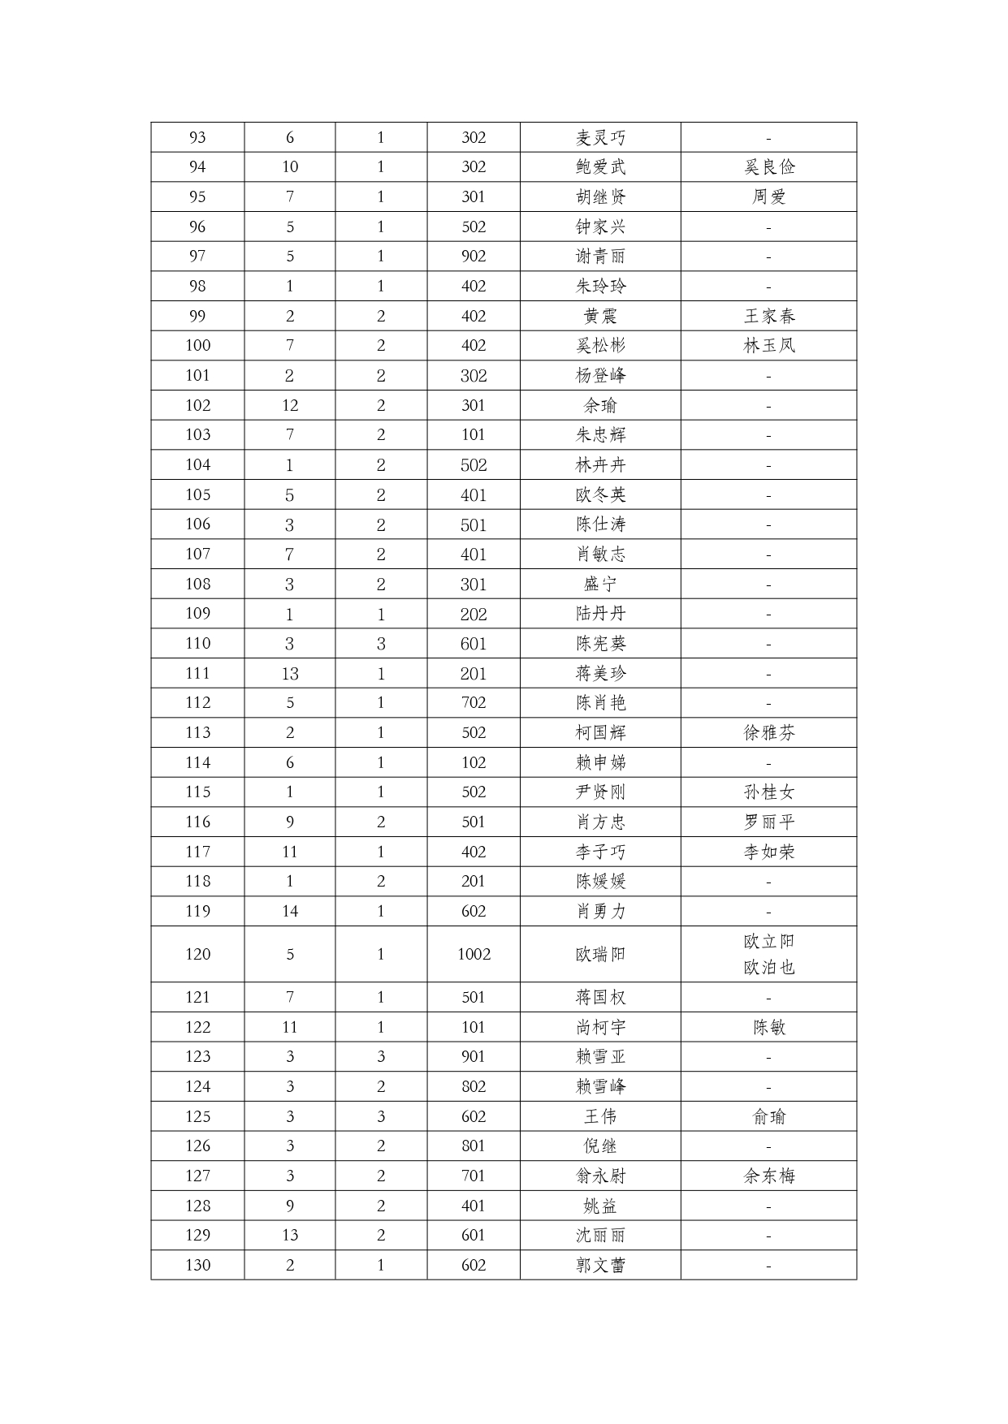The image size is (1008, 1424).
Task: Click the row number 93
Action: pyautogui.click(x=197, y=137)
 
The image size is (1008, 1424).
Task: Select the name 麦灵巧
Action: pyautogui.click(x=600, y=137)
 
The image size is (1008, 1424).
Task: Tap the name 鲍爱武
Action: pyautogui.click(x=600, y=167)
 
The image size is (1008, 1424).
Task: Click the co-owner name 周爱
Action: pyautogui.click(x=768, y=196)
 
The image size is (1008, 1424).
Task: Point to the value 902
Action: pyautogui.click(x=474, y=257)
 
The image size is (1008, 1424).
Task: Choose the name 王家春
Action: pyautogui.click(x=768, y=316)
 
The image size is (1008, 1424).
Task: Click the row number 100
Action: pyautogui.click(x=197, y=346)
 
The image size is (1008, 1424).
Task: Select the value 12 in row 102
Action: pyautogui.click(x=290, y=405)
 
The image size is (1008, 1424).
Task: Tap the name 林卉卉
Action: pyautogui.click(x=600, y=465)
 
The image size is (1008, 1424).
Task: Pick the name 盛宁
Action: pyautogui.click(x=600, y=584)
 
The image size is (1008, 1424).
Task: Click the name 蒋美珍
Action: pyautogui.click(x=600, y=673)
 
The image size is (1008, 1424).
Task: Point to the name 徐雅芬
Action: pyautogui.click(x=768, y=733)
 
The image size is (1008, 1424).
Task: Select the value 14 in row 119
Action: pyautogui.click(x=290, y=911)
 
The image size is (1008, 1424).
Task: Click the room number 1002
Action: pyautogui.click(x=474, y=954)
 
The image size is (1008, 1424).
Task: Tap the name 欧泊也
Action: pyautogui.click(x=768, y=968)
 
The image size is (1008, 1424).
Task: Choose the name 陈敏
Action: pyautogui.click(x=768, y=1027)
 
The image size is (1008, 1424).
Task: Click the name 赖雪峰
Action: pyautogui.click(x=600, y=1086)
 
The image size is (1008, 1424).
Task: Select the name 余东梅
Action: pyautogui.click(x=768, y=1176)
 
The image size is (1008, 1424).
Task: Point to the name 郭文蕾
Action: pyautogui.click(x=600, y=1265)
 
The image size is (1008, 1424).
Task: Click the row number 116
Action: pyautogui.click(x=197, y=822)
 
